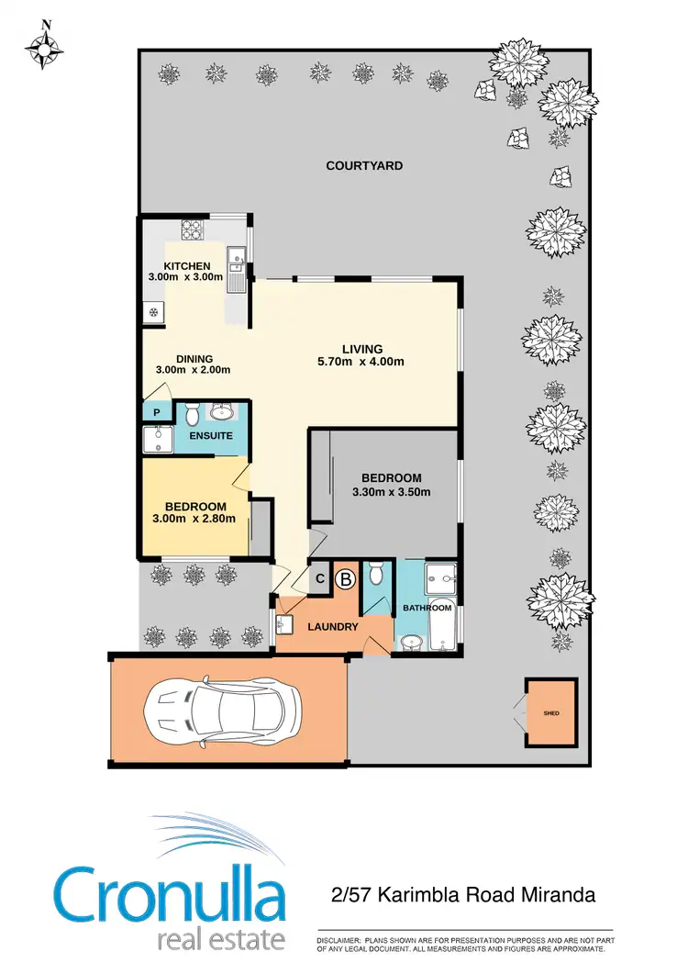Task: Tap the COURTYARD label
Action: (x=364, y=166)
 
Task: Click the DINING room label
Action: (x=194, y=359)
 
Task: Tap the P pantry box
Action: (x=156, y=413)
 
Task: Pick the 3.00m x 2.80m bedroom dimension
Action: (x=195, y=519)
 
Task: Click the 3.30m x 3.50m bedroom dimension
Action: (x=391, y=491)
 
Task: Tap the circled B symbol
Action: (x=346, y=579)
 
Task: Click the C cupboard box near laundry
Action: (x=320, y=578)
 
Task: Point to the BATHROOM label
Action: (x=427, y=608)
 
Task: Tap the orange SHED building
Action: (x=550, y=712)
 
